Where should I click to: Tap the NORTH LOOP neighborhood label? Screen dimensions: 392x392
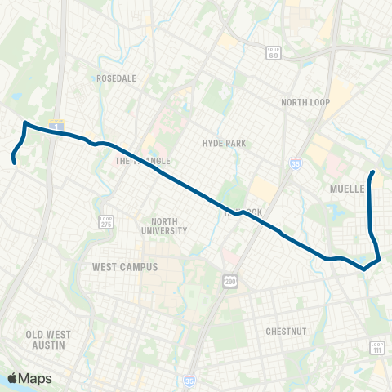click(x=304, y=103)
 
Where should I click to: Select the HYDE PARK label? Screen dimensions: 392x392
click(x=224, y=143)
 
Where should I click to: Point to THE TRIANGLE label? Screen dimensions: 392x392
click(x=135, y=161)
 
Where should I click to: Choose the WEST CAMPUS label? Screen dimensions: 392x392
click(x=124, y=266)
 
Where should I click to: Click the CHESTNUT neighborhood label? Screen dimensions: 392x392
click(x=285, y=332)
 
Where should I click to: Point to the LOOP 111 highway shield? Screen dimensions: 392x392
click(x=376, y=347)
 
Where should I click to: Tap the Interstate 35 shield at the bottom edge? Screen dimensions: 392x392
click(x=191, y=380)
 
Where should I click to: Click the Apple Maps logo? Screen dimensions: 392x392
click(x=29, y=378)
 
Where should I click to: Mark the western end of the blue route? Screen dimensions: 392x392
click(x=14, y=162)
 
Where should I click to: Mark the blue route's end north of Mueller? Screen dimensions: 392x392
click(x=373, y=172)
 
